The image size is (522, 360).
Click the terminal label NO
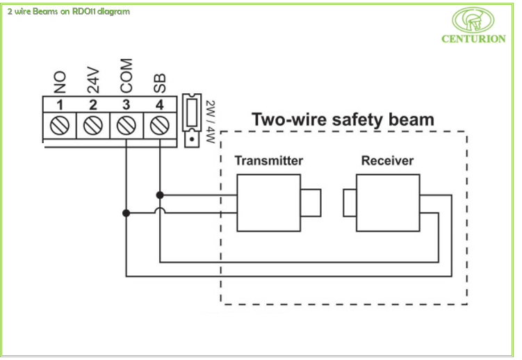coord(60,85)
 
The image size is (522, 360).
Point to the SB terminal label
coord(160,83)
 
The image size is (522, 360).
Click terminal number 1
coord(60,105)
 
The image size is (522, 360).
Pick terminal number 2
coord(93,105)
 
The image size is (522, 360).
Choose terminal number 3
coord(126,105)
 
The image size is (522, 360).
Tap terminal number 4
coord(159,105)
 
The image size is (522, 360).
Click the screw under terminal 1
coord(60,126)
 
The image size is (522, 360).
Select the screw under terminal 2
coord(93,126)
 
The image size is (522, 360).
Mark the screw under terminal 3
coord(126,126)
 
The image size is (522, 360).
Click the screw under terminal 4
coord(159,126)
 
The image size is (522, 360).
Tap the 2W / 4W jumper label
coord(209,121)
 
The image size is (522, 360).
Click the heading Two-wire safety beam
coord(343,120)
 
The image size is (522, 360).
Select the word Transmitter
coord(268,161)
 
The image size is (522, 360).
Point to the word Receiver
coord(387,161)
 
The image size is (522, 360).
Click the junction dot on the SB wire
coord(160,195)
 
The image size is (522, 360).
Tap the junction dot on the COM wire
coord(126,213)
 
